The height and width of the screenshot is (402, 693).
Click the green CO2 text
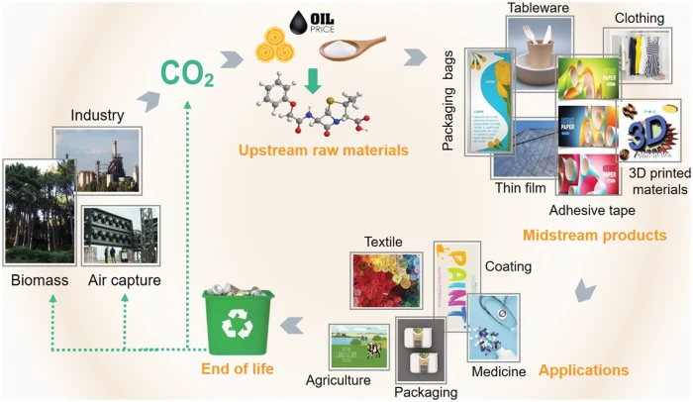(x=188, y=73)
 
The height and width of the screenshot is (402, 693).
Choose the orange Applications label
(x=583, y=369)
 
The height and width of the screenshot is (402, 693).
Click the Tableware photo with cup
(x=543, y=51)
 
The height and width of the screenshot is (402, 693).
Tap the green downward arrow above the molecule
(x=314, y=80)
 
